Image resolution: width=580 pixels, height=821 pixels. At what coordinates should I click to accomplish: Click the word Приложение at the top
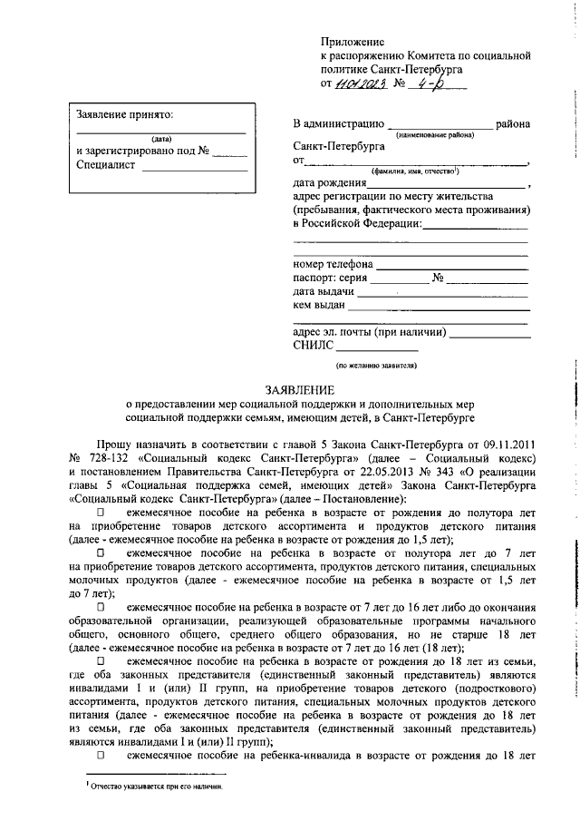353,42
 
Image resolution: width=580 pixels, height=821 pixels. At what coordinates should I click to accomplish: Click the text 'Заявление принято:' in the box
125,114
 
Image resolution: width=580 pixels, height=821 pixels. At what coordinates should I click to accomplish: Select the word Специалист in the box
106,166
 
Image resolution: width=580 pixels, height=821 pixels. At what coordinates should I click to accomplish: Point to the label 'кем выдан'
321,306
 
